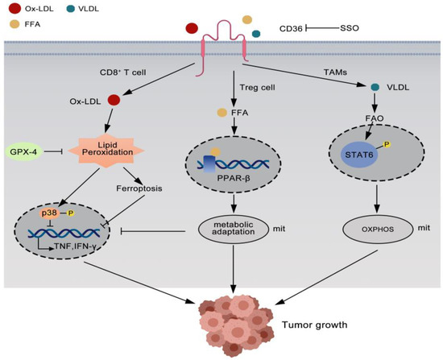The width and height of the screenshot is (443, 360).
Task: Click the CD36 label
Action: point(292,28)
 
